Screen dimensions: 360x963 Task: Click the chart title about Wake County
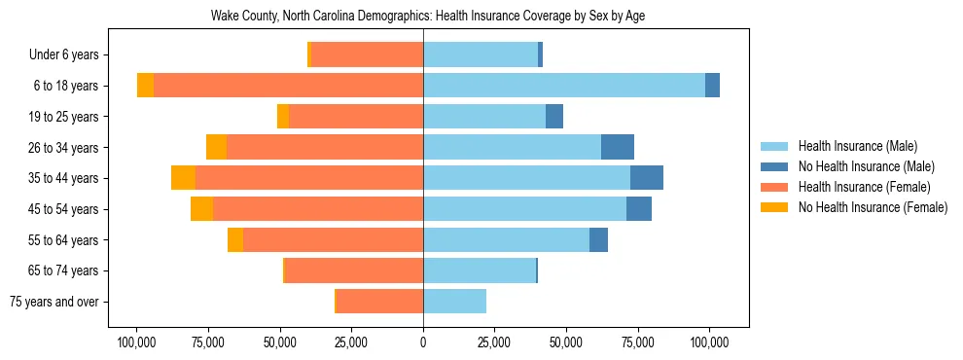click(x=428, y=16)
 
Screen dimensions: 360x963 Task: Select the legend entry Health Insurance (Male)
click(x=856, y=147)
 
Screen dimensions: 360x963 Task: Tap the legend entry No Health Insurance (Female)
click(x=871, y=207)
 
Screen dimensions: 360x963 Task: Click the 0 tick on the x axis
click(x=423, y=342)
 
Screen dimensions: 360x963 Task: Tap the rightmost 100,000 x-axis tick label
click(x=709, y=342)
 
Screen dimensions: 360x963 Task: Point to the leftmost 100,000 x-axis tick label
click(x=137, y=342)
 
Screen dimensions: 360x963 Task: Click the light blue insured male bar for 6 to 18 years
click(x=564, y=86)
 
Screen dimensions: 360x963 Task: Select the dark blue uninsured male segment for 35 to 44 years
click(x=647, y=178)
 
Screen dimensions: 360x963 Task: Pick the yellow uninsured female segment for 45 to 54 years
click(x=201, y=209)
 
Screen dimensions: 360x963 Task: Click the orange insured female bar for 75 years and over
click(x=379, y=302)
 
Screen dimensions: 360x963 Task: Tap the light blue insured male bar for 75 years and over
click(x=454, y=302)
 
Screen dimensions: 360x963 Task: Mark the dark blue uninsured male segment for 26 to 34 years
click(x=618, y=147)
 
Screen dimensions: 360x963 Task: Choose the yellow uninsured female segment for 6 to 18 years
click(x=145, y=86)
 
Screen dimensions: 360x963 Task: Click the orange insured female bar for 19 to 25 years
click(x=356, y=117)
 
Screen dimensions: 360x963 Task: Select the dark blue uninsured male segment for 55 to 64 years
click(x=598, y=240)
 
